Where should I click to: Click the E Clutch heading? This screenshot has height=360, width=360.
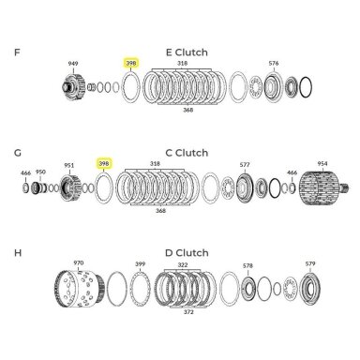tap(187, 52)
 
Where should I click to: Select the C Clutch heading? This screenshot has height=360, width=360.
tap(187, 153)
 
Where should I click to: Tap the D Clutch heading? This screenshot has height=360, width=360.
tap(187, 253)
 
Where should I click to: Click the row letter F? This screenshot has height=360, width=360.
tap(17, 52)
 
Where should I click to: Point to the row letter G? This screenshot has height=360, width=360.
tap(18, 153)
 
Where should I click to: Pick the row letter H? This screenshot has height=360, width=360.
tap(18, 252)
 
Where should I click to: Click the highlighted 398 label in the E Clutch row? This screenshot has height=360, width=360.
tap(131, 63)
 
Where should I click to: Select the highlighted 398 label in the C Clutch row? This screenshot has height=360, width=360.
tap(104, 163)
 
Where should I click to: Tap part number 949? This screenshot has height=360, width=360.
tap(73, 64)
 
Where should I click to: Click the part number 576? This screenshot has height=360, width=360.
tap(274, 63)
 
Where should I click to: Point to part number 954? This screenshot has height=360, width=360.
tap(322, 163)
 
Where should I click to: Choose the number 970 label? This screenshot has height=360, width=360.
tap(78, 262)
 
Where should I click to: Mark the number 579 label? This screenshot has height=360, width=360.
tap(310, 263)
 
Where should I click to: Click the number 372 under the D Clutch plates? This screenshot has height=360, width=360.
tap(188, 312)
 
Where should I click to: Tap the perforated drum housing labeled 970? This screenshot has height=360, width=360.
tap(80, 289)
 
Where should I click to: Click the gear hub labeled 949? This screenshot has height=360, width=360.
tap(73, 87)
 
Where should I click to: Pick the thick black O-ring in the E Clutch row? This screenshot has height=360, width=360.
tap(306, 87)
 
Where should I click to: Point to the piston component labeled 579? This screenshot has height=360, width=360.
tap(309, 289)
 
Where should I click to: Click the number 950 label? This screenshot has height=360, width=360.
tap(40, 172)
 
